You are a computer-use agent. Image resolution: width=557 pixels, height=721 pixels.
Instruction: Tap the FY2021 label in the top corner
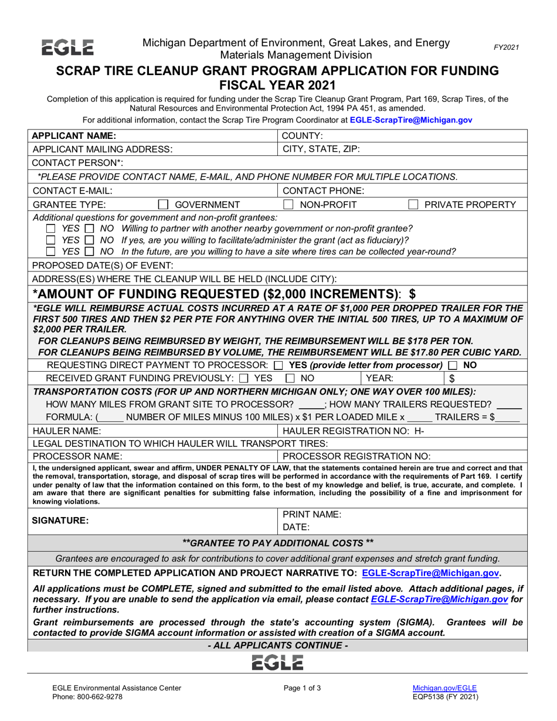coord(505,47)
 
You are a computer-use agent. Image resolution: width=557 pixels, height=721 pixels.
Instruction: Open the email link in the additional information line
coord(410,120)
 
